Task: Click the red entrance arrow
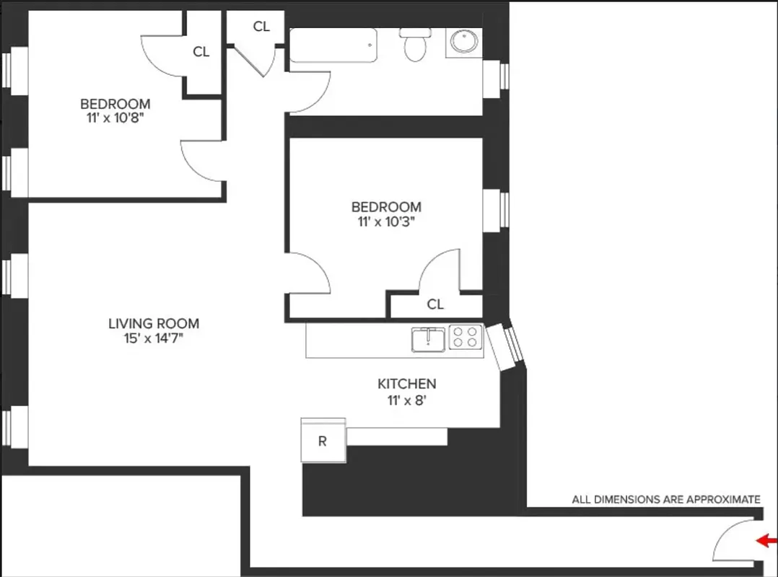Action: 766,540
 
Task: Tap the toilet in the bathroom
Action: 415,46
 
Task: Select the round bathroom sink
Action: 463,43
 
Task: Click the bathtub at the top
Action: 333,45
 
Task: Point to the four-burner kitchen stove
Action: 465,338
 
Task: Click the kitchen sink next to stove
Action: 428,338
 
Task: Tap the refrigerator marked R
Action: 323,440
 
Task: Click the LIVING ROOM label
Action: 154,324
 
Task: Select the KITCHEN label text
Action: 407,384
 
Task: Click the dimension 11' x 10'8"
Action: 115,117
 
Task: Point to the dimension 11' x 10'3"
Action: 386,221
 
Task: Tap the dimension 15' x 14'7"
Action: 154,338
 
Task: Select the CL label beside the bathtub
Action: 261,27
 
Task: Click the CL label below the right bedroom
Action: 435,304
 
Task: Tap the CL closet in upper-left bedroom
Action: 201,51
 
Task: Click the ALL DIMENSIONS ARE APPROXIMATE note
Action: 665,499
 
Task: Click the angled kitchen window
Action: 504,345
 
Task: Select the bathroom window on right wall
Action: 496,74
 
